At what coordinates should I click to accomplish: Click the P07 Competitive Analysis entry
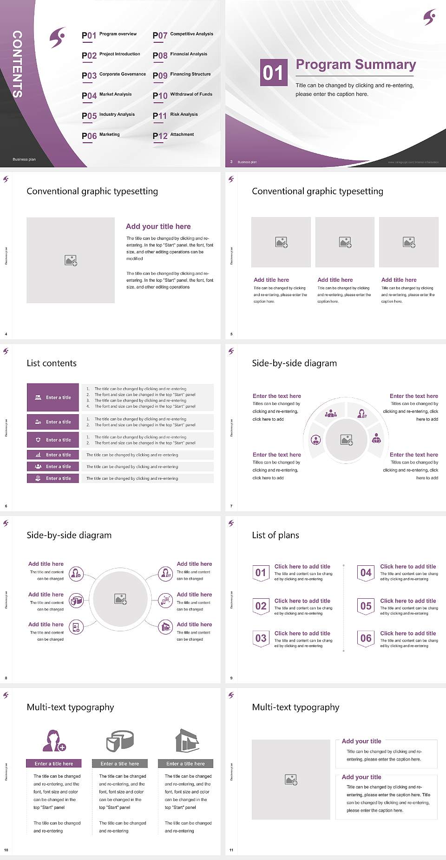click(x=183, y=35)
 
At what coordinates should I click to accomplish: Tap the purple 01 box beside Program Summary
click(x=273, y=73)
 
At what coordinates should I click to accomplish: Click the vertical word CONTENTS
click(x=17, y=64)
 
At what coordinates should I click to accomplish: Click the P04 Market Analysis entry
click(x=106, y=95)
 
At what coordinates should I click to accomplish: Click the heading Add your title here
click(x=158, y=226)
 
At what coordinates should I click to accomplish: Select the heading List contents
click(x=52, y=363)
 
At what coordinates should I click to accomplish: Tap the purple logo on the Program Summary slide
click(x=430, y=17)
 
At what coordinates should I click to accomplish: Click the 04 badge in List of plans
click(x=366, y=573)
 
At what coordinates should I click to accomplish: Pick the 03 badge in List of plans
click(x=261, y=638)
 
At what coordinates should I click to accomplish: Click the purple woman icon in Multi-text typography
click(x=54, y=741)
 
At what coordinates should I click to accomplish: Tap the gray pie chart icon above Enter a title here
click(x=120, y=741)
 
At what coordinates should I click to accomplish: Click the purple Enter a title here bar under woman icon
click(x=54, y=763)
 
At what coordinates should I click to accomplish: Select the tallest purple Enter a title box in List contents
click(x=53, y=397)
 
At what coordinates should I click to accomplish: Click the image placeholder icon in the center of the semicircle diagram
click(x=347, y=440)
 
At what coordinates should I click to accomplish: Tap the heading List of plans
click(x=275, y=535)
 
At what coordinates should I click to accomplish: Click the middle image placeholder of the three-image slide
click(x=345, y=242)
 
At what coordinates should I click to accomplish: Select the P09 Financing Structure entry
click(x=182, y=75)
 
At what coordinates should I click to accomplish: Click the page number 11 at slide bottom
click(x=231, y=850)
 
